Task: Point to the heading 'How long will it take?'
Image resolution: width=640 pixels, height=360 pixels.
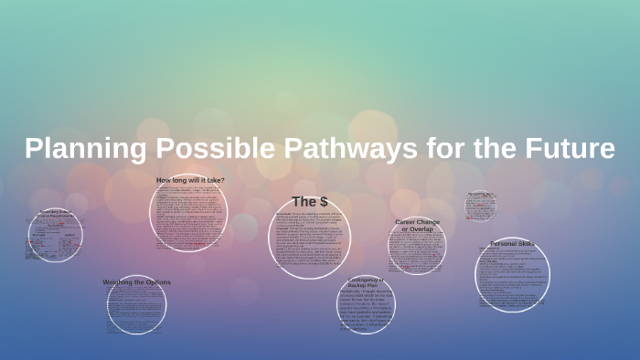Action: click(190, 180)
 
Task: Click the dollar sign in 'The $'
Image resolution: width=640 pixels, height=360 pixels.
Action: click(323, 201)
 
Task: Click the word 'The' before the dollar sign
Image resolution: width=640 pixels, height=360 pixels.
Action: click(303, 201)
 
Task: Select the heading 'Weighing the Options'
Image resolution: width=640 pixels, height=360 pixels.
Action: click(136, 282)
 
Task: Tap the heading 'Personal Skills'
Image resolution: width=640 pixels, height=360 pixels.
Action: click(513, 244)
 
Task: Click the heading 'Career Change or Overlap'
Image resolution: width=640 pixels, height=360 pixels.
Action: click(417, 226)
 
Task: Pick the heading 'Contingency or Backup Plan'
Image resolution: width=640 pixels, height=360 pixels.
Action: click(367, 282)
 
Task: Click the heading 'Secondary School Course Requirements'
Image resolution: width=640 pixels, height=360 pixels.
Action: click(55, 216)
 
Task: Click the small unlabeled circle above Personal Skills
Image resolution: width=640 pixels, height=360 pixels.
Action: click(480, 206)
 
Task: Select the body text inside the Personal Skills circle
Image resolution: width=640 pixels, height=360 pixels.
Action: click(512, 279)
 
